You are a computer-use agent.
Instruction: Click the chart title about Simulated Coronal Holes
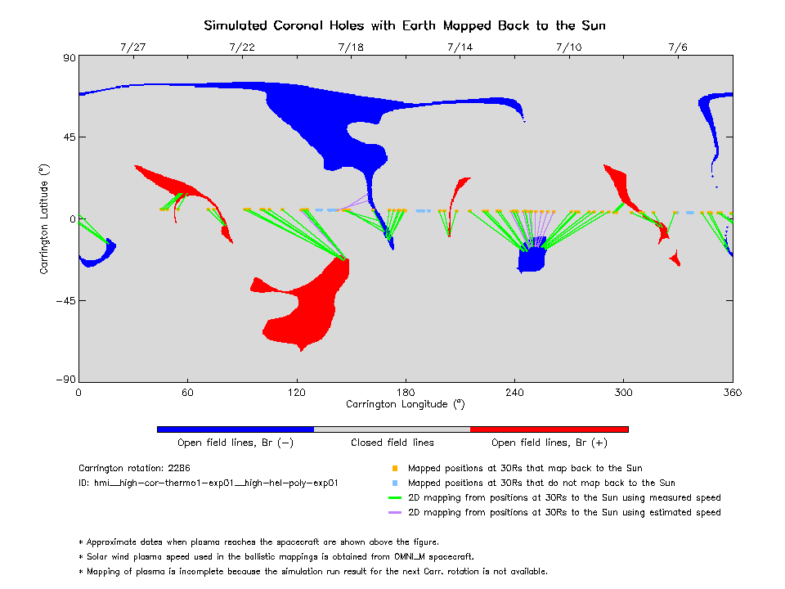coord(405,25)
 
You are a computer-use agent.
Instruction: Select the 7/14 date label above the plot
coord(460,47)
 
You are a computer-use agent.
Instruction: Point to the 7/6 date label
coord(678,47)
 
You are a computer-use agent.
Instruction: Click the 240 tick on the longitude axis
coord(514,393)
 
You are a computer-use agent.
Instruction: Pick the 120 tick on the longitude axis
coord(297,393)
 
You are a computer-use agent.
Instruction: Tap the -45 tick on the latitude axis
coord(64,300)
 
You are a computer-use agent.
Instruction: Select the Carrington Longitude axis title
coord(405,404)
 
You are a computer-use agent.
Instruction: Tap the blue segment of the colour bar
coord(235,429)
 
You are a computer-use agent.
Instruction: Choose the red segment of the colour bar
coord(549,429)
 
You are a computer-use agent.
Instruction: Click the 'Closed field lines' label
coord(392,443)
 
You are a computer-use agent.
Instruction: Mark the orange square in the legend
coord(395,469)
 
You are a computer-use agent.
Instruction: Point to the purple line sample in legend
coord(395,513)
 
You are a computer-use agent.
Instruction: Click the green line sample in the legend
coord(395,498)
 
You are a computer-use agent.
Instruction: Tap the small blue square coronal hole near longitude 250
coord(532,259)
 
